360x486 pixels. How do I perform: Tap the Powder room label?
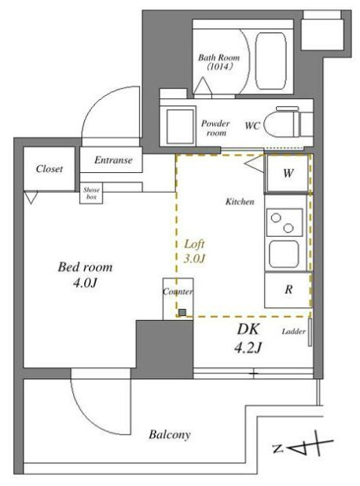click(215, 128)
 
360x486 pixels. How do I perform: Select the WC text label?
click(252, 125)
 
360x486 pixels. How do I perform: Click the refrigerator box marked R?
click(288, 289)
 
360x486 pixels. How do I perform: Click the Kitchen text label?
click(239, 202)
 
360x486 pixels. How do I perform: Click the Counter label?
click(178, 291)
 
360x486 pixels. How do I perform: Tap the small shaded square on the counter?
click(182, 313)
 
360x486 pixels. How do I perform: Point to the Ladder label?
click(292, 331)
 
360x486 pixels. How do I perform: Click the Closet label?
click(50, 169)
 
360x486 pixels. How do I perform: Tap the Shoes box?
click(92, 193)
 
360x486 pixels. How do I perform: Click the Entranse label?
click(113, 160)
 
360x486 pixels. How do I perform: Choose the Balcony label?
click(170, 434)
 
